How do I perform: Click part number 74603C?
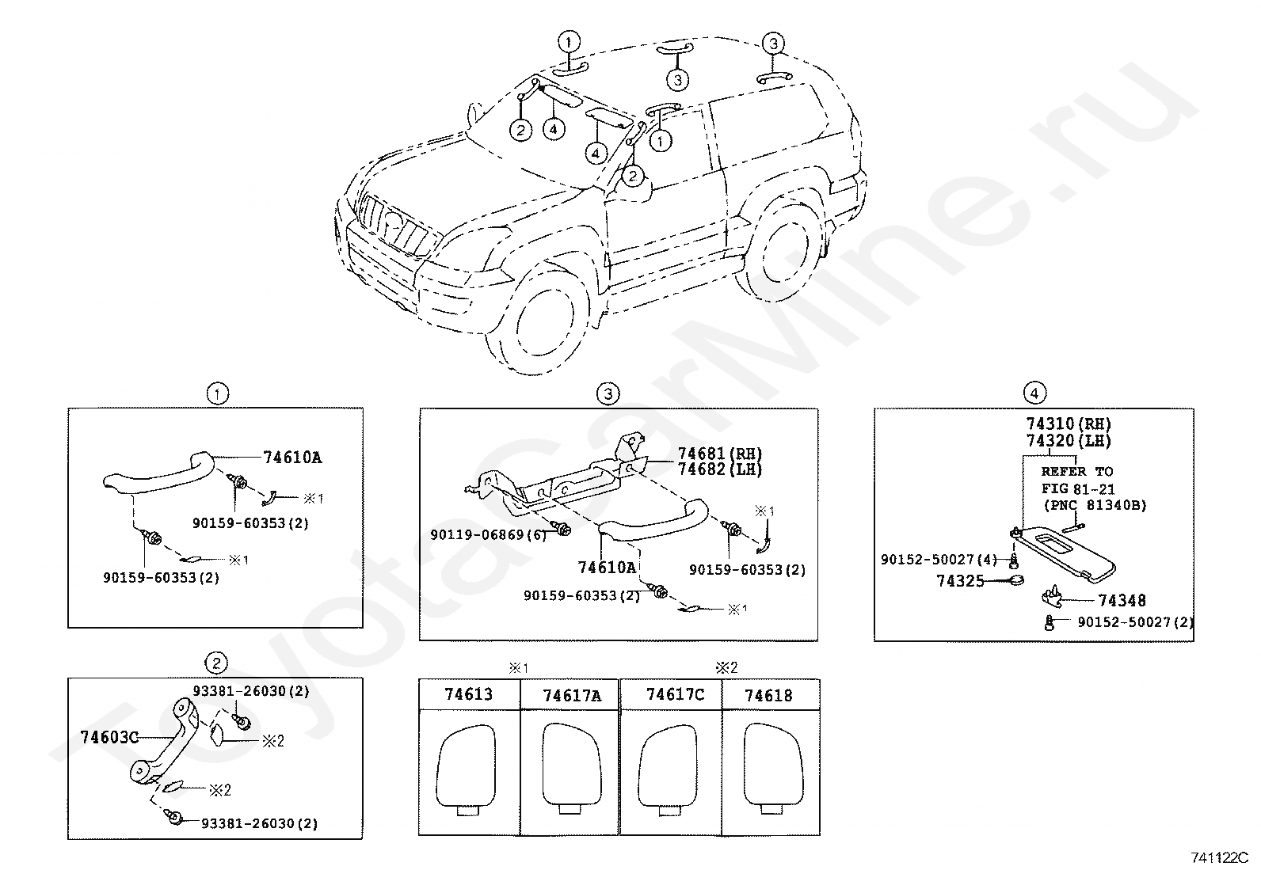(109, 738)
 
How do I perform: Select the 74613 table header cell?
(468, 695)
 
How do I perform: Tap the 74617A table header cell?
(572, 696)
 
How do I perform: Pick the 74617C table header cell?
(675, 695)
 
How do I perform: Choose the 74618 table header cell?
(768, 696)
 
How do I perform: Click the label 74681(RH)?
(719, 454)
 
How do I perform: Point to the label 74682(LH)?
(719, 469)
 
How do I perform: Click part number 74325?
(960, 582)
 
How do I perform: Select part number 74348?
(1122, 601)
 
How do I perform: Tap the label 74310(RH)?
(1069, 424)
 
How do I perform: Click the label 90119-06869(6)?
(489, 535)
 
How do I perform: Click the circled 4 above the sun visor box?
(1034, 393)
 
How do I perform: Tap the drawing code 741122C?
(1219, 857)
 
